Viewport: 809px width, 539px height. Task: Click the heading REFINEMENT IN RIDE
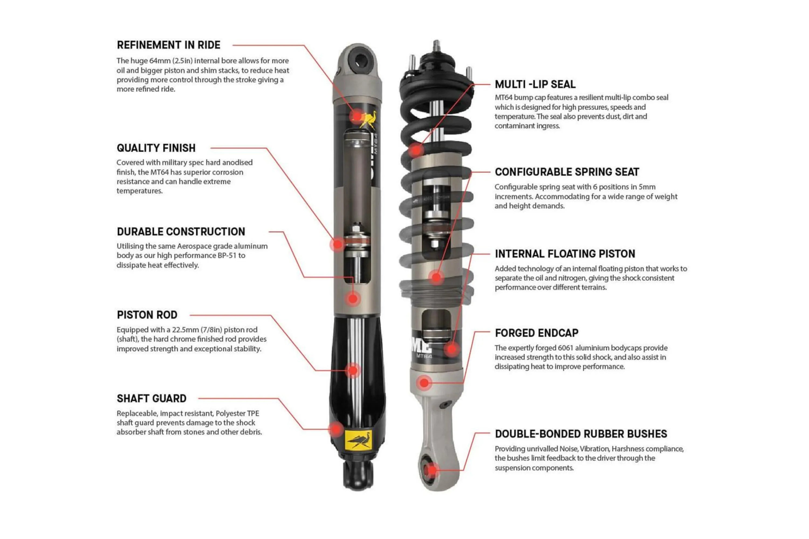click(168, 45)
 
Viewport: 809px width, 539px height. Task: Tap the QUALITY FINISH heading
click(156, 148)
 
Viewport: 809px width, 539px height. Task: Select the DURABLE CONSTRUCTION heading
click(181, 232)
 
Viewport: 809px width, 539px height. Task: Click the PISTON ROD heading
click(147, 315)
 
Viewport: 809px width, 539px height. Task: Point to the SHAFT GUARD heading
click(151, 398)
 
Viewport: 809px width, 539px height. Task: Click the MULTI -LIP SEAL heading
click(535, 84)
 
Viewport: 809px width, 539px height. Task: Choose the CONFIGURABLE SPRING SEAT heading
click(567, 172)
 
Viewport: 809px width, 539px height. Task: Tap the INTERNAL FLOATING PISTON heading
click(565, 254)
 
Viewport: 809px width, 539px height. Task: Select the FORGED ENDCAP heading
click(536, 333)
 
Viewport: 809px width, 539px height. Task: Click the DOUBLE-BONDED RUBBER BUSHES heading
click(581, 434)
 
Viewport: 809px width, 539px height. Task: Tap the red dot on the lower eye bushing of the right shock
click(432, 470)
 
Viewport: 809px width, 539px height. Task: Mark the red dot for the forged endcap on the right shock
click(424, 383)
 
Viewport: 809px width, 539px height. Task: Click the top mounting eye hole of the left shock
click(360, 62)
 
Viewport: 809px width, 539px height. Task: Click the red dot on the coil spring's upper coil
click(416, 150)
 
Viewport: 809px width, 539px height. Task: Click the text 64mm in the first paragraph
click(160, 61)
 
